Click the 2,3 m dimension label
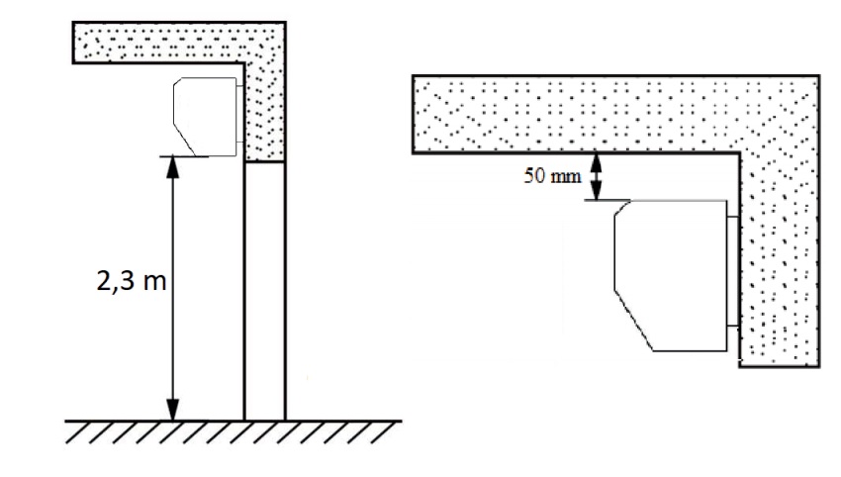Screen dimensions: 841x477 coord(132,281)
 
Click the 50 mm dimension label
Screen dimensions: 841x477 coord(552,176)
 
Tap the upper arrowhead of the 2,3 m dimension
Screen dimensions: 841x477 coord(172,167)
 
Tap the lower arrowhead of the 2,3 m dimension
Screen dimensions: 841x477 coord(172,410)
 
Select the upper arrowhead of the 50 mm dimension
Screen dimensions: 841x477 coord(596,162)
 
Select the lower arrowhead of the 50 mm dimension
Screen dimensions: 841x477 coord(596,191)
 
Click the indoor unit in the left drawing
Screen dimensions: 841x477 coord(206,117)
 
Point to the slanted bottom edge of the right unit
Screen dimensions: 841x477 coord(634,321)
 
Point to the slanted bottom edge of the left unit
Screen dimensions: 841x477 coord(183,140)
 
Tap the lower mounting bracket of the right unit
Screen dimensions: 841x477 coord(733,326)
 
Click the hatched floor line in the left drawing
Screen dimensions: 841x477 coord(234,431)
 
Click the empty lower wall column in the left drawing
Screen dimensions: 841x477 coord(265,291)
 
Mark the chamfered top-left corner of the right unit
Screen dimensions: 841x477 coord(622,208)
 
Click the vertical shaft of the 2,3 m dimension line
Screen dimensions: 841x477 coord(172,289)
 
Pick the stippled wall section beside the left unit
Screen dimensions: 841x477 coord(265,113)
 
